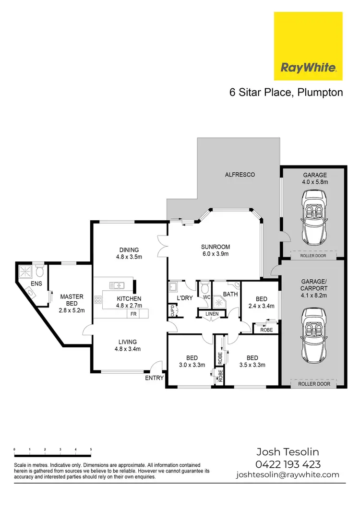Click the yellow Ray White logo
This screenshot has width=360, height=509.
(x=308, y=46)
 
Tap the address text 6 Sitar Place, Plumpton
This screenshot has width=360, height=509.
(x=286, y=93)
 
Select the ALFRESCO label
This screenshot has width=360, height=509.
(x=240, y=175)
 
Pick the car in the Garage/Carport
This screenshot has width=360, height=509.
(x=312, y=331)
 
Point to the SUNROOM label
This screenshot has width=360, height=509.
(x=214, y=247)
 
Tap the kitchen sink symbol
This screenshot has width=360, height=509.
(x=116, y=285)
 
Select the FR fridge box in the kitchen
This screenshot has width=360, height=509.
(x=132, y=314)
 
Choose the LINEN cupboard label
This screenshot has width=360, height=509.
(x=212, y=314)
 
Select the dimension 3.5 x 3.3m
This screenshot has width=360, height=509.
(x=252, y=365)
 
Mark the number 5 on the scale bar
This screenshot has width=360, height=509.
(x=91, y=450)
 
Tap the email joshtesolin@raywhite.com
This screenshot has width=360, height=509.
(x=288, y=475)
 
